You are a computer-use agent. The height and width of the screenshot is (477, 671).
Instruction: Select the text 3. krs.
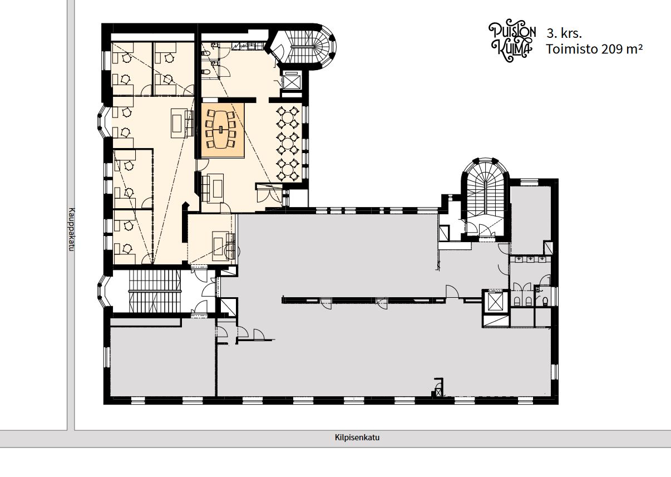[x=564, y=33]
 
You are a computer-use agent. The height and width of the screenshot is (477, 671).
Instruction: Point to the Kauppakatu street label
[x=71, y=229]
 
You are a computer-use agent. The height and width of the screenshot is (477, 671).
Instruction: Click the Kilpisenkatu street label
[x=357, y=437]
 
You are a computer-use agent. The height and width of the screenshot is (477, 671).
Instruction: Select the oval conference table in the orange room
[x=221, y=129]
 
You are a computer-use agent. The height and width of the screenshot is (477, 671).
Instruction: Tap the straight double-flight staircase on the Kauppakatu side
[x=155, y=291]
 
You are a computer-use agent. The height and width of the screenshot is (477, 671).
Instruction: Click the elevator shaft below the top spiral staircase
[x=292, y=80]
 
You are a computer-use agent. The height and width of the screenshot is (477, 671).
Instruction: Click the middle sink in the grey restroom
[x=530, y=259]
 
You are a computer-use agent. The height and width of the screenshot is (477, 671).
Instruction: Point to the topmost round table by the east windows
[x=288, y=116]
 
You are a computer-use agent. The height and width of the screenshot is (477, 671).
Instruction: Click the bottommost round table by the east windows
[x=288, y=170]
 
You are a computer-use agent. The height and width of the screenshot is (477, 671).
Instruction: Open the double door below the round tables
[x=269, y=195]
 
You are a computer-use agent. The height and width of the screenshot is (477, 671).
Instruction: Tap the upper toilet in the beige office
[x=206, y=53]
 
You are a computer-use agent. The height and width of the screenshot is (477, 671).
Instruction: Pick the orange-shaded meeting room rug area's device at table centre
[x=221, y=130]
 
